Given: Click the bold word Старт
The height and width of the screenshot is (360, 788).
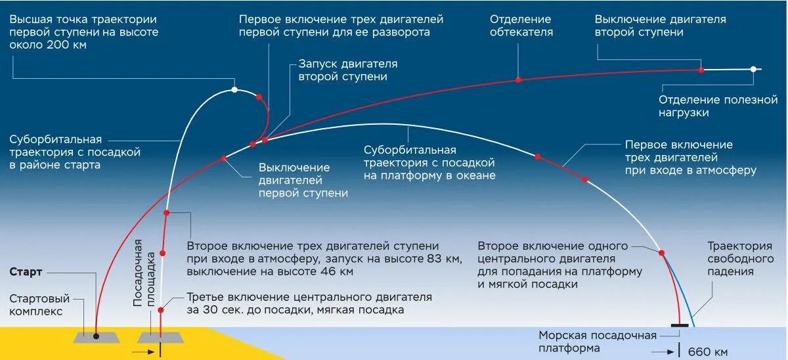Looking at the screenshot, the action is tap(26, 271).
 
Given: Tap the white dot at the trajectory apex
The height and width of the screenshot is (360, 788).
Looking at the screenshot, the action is tap(234, 89).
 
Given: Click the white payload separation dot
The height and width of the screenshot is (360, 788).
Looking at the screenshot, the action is tap(754, 69).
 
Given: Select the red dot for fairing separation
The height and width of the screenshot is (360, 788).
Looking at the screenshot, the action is tap(518, 79).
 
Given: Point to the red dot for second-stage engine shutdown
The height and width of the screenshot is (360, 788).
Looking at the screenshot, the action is tap(701, 69).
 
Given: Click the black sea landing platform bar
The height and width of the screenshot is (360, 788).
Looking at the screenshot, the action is tap(680, 325).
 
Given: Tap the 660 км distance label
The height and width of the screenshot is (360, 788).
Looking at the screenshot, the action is tap(707, 351).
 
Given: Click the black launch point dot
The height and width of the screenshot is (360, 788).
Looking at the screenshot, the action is tap(96, 336).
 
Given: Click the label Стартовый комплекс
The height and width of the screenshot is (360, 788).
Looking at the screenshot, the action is tap(36, 304).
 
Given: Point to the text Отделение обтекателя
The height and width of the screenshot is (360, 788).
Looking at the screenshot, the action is tap(521, 26).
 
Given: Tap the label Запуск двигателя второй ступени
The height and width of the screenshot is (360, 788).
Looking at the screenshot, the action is tap(347, 70).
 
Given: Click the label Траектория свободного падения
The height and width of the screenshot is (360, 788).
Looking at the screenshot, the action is tap(739, 258).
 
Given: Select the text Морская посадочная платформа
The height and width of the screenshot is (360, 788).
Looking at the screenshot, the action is tap(597, 342).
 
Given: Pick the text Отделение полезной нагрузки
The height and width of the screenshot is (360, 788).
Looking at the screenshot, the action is tap(718, 106).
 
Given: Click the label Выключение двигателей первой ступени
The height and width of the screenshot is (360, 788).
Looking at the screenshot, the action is tap(303, 180).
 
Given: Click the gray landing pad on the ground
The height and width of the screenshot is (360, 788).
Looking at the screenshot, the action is tap(161, 336).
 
